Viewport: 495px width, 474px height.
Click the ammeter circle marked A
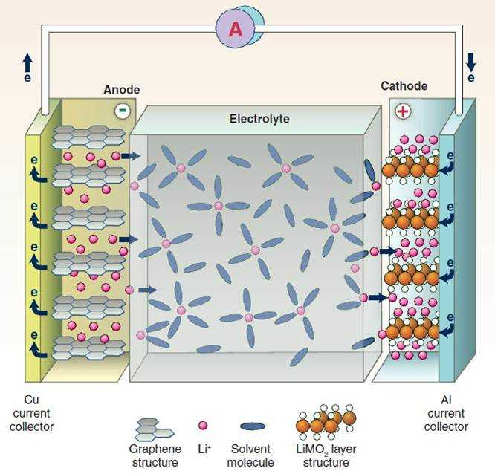pos(235,29)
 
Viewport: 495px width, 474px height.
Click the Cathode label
pos(404,86)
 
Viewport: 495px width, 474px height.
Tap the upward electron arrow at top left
pos(27,61)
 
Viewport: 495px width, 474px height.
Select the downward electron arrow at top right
pos(470,61)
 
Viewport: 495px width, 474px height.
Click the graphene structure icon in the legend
pos(154,426)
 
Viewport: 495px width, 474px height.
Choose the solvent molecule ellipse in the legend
pos(253,426)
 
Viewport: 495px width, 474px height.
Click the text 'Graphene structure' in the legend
pos(154,456)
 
